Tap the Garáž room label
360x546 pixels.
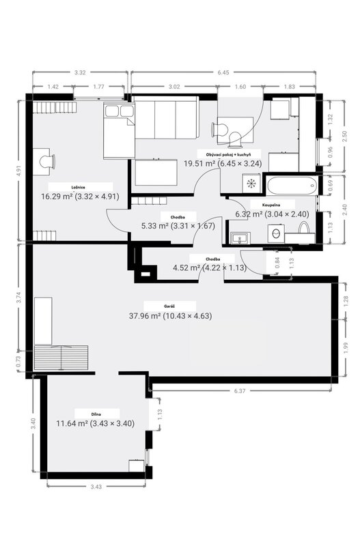click(x=169, y=306)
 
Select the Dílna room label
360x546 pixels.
click(x=96, y=414)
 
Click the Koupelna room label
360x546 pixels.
click(x=271, y=205)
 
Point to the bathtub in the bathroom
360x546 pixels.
click(x=292, y=185)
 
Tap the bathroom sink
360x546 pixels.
click(x=239, y=238)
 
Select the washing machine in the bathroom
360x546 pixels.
click(x=276, y=233)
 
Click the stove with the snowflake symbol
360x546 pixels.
click(x=251, y=182)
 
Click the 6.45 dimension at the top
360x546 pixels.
click(x=223, y=73)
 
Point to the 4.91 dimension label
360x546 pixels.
click(x=19, y=171)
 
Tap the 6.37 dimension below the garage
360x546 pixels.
click(x=240, y=391)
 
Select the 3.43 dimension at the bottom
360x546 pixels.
click(x=96, y=487)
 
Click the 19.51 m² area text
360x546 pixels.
click(x=199, y=163)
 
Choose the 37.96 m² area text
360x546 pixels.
click(x=145, y=316)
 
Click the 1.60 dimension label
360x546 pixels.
click(x=240, y=87)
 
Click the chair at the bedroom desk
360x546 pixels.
click(x=48, y=162)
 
